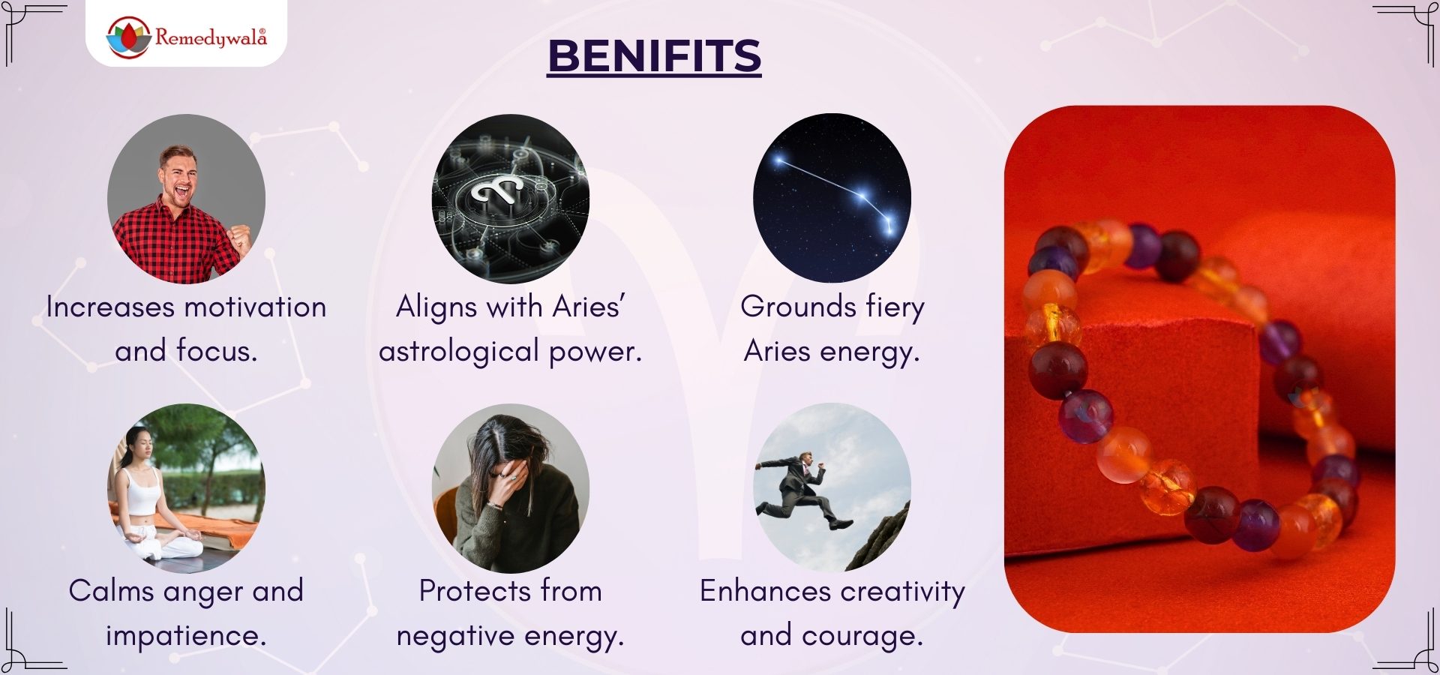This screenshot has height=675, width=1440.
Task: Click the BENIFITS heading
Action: click(654, 56)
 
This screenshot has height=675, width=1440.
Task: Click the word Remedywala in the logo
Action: click(211, 37)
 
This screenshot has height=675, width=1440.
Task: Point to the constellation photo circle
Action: click(832, 198)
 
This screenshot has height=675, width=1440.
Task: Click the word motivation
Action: click(255, 307)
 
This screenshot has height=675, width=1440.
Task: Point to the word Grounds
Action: click(798, 307)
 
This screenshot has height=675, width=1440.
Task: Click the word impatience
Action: click(186, 636)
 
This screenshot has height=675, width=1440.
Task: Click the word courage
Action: click(862, 637)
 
